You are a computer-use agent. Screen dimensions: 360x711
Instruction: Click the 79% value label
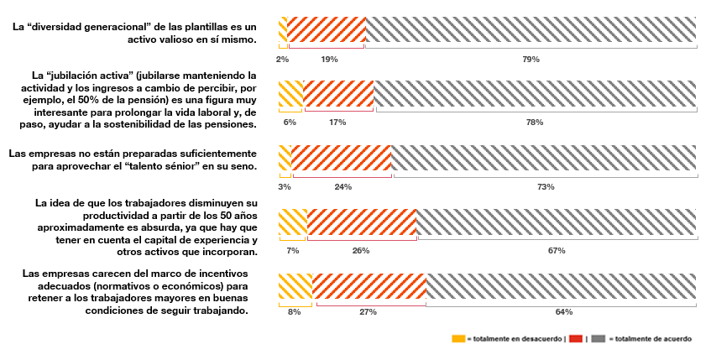531,60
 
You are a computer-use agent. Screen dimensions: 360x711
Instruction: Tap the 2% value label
283,60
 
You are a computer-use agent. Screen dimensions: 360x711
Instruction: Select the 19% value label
329,60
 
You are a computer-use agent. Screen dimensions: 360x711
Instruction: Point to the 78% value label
534,123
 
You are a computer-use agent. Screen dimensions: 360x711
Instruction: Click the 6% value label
290,123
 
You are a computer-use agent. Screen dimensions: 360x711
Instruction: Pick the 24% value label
342,186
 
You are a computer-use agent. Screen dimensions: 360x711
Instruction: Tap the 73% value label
546,186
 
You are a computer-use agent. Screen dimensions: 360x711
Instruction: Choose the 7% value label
292,250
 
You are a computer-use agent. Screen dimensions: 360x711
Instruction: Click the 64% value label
563,312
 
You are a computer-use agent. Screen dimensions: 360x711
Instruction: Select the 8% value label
294,312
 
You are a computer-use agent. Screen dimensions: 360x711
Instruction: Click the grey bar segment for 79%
531,29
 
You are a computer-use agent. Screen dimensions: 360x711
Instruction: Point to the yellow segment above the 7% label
292,222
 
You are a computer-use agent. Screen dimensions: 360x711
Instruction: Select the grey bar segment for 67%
557,222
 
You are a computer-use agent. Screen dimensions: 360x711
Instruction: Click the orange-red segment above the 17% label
338,94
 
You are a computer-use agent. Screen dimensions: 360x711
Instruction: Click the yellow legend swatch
458,339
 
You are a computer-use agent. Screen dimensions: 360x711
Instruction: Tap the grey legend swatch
599,339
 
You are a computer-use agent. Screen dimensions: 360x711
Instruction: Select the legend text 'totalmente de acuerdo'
653,339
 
